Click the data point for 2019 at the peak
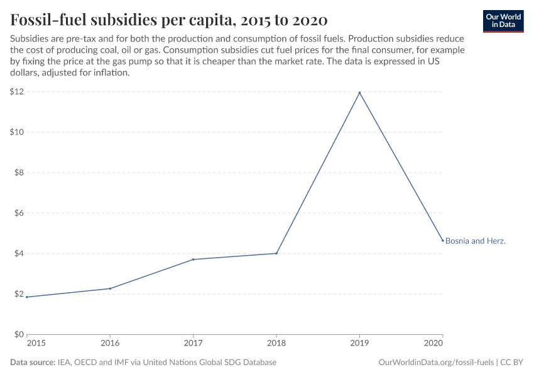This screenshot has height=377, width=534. [359, 93]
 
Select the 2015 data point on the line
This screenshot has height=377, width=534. [27, 297]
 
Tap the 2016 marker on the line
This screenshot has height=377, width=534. [110, 288]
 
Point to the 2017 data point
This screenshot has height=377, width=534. [193, 260]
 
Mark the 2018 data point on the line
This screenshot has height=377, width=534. [276, 253]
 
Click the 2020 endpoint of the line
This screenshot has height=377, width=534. [442, 241]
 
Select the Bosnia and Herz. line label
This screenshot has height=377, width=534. [476, 241]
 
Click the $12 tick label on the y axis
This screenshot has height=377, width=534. [16, 92]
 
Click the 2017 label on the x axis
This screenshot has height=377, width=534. [193, 344]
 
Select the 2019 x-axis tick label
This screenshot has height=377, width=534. [359, 344]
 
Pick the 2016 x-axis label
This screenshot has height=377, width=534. [110, 344]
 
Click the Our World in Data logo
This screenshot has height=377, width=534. [503, 21]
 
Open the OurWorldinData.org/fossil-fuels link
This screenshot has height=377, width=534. [436, 363]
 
